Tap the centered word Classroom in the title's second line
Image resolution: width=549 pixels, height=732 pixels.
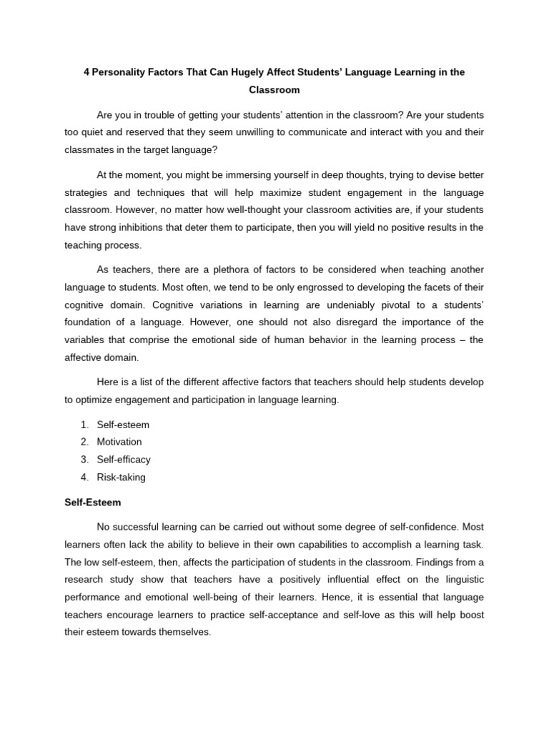coord(274,91)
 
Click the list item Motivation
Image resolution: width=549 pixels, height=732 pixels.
coord(120,442)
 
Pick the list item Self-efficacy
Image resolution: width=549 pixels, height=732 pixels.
coord(124,460)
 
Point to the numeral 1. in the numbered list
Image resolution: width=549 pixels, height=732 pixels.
coord(84,425)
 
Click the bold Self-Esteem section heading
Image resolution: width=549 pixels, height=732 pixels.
coord(91,503)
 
